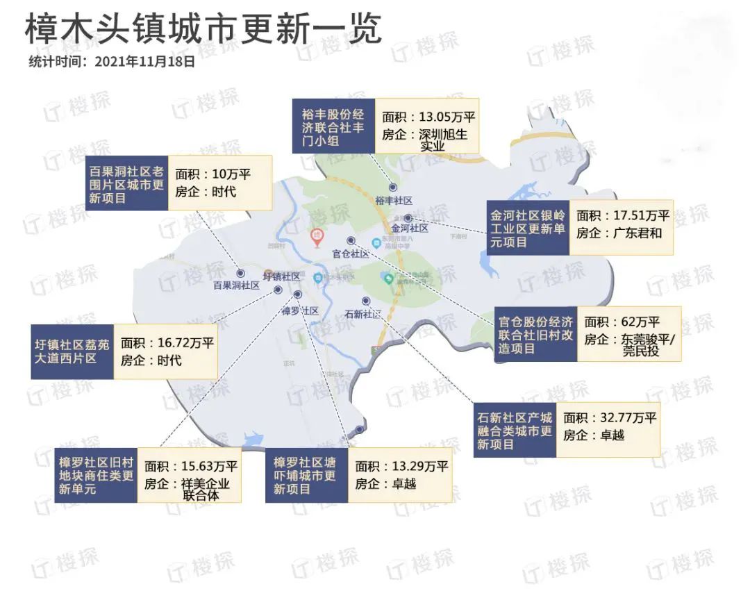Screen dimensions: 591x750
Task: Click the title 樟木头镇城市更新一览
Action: tap(203, 29)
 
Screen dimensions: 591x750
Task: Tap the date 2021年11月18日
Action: tap(144, 61)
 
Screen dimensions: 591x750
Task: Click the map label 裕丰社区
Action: tap(394, 200)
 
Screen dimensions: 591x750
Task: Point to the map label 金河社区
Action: tap(409, 228)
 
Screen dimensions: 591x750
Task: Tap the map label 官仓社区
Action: tap(351, 253)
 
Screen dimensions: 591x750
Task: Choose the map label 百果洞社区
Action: tap(236, 285)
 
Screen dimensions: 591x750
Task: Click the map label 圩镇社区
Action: tap(282, 276)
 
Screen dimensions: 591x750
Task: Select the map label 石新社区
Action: tap(363, 314)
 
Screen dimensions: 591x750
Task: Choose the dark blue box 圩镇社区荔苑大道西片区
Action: tap(72, 351)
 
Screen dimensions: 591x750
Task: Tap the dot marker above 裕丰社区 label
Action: tap(393, 187)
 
